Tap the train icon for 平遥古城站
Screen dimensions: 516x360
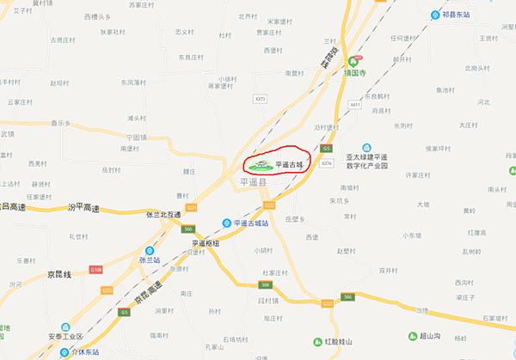pos(226,223)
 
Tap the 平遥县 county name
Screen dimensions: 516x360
pos(255,182)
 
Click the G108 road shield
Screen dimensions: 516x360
pos(95,268)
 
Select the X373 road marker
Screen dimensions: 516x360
pos(260,99)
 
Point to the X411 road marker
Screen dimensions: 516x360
pos(355,104)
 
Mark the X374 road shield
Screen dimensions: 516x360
pos(326,162)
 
